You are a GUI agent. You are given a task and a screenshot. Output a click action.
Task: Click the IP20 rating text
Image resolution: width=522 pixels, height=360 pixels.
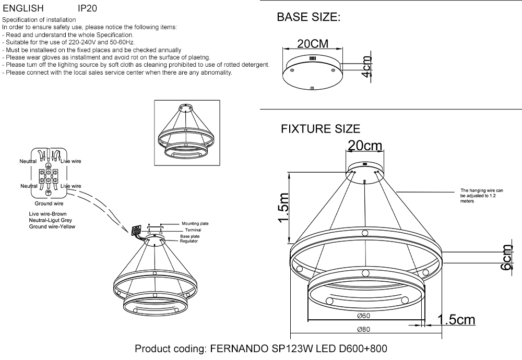87,9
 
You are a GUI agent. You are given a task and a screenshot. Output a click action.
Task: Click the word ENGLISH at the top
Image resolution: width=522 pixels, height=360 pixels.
23,9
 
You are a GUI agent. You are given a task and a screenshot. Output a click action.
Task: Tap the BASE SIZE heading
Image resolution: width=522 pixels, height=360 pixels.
308,17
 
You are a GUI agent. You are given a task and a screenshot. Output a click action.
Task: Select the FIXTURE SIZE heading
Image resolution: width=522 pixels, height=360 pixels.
321,129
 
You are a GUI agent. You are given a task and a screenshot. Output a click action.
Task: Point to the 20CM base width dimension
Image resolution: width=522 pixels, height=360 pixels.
312,44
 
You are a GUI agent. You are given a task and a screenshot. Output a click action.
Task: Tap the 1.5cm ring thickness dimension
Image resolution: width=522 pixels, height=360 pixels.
456,319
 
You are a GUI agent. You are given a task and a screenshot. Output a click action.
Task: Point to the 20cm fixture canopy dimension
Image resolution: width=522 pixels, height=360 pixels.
365,146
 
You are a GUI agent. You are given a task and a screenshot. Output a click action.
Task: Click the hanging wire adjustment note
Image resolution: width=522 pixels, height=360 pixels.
481,196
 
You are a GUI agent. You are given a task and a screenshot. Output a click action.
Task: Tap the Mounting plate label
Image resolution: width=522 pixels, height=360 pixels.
195,223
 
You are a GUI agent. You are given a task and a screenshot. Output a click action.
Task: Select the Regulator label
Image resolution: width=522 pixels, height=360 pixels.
189,242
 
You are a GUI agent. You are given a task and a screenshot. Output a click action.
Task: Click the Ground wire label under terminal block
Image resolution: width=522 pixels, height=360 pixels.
49,203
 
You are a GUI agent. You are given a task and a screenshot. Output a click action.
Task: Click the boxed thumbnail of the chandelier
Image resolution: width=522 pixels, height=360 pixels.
185,133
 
